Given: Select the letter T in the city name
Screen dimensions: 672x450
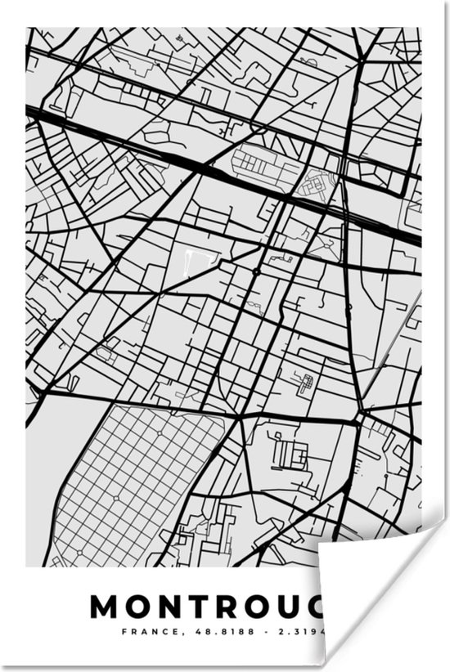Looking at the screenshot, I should [x=201, y=607].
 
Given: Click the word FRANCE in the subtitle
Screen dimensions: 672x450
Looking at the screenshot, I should [x=141, y=632].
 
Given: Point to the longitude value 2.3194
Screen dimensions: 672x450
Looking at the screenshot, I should [x=307, y=632].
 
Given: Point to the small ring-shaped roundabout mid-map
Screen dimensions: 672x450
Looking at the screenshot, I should [x=256, y=271].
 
